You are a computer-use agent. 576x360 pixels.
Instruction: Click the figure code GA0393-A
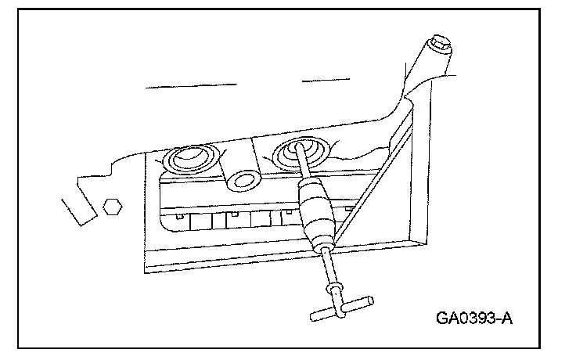(x=476, y=319)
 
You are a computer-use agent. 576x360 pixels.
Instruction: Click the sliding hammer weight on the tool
(x=316, y=209)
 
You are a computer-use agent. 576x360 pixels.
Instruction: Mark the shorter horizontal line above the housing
(x=324, y=79)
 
